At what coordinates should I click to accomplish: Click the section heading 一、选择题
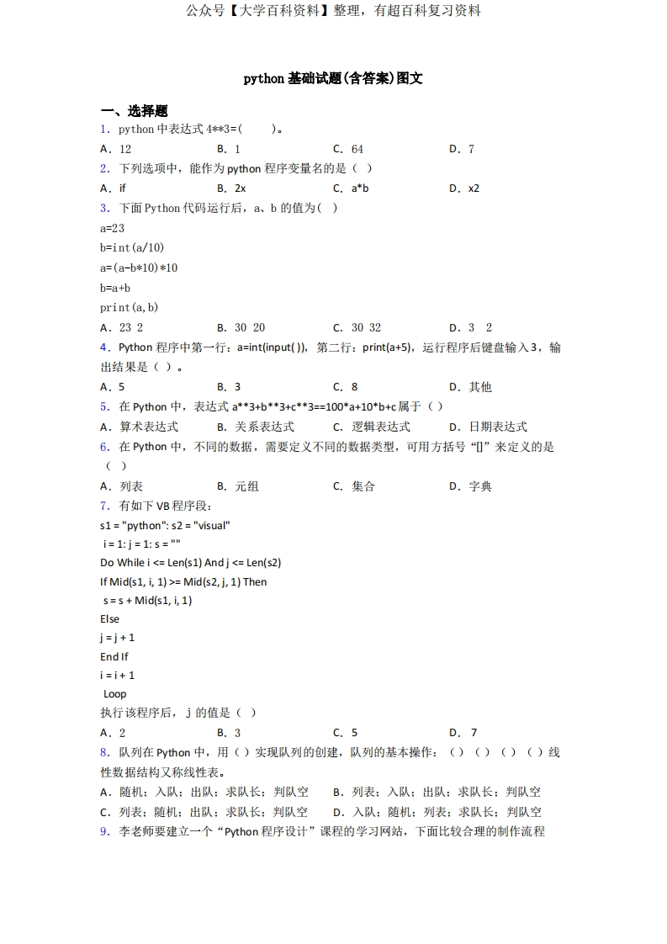pos(134,111)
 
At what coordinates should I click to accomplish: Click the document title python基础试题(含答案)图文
pos(333,78)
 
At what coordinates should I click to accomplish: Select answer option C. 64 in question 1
pos(348,149)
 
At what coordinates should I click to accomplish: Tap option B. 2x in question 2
pos(231,188)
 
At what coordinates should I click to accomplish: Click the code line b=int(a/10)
pos(132,247)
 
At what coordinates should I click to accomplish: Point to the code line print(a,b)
pos(129,307)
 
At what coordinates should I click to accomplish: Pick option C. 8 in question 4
pos(345,387)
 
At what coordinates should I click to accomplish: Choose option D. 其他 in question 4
pos(470,387)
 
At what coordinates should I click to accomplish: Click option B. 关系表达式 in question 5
pos(256,427)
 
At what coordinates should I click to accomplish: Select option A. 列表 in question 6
pos(121,486)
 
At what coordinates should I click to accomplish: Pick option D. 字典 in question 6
pos(470,486)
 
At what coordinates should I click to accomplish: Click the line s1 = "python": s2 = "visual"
pos(165,525)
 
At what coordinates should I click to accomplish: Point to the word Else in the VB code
pos(109,618)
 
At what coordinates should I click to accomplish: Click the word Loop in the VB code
pos(114,693)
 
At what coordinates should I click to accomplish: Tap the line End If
pos(114,656)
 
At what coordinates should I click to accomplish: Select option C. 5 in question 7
pos(345,733)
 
